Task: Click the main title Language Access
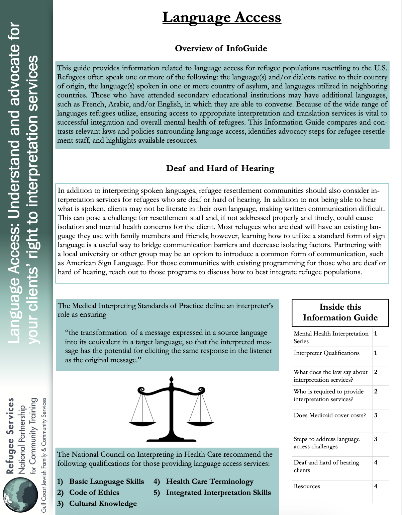[221, 17]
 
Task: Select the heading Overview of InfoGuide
[221, 49]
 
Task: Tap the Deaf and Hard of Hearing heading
[220, 168]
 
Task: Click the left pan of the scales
[142, 423]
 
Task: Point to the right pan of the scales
[200, 423]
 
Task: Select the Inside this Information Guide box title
[340, 312]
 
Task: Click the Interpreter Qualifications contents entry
[326, 353]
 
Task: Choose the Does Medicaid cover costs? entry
[329, 415]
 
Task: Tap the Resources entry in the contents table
[307, 486]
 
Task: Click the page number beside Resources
[376, 486]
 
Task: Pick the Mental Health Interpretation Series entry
[330, 337]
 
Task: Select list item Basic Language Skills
[106, 482]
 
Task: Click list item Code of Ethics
[94, 493]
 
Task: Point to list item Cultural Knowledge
[103, 504]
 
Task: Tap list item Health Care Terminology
[210, 482]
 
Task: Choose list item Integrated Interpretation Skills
[218, 493]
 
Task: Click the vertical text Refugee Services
[10, 436]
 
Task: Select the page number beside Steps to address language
[376, 439]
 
